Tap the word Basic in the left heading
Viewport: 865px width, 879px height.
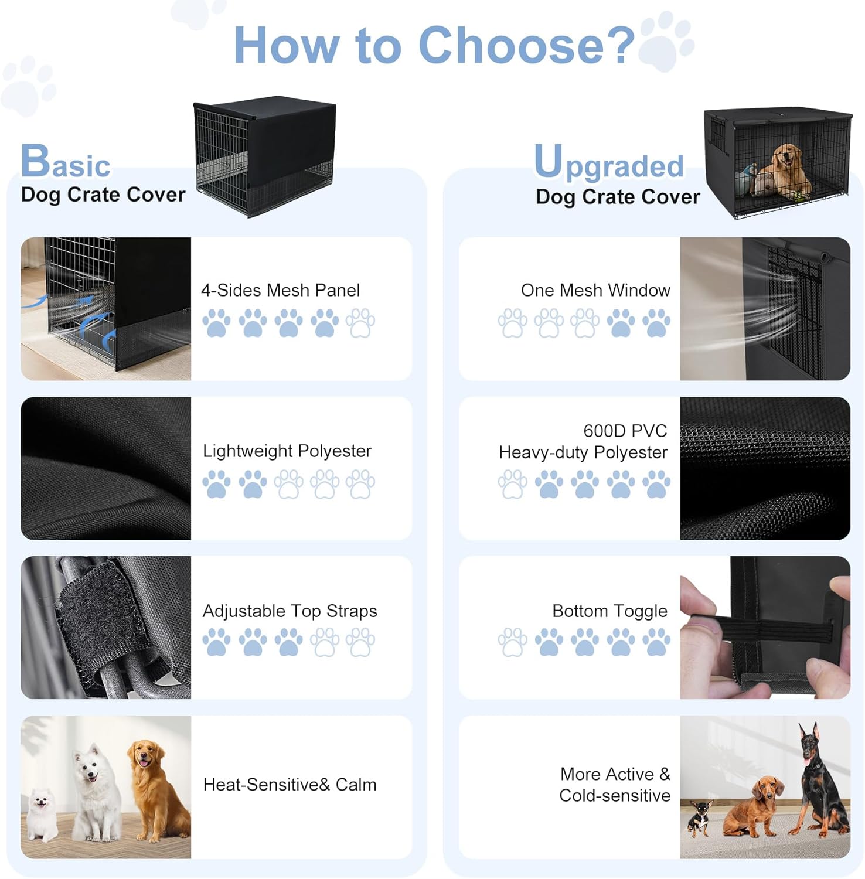click(x=66, y=161)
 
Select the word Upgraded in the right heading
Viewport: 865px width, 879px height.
click(x=609, y=163)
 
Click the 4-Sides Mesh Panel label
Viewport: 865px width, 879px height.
click(x=280, y=290)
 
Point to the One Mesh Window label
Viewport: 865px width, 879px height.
click(x=595, y=290)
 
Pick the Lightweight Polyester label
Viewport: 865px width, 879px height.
click(x=287, y=451)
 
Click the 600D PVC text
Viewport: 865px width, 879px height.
click(x=625, y=431)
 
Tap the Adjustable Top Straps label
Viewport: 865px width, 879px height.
click(x=290, y=611)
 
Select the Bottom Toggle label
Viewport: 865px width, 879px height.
click(x=610, y=611)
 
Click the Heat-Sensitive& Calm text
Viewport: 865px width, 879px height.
click(x=290, y=785)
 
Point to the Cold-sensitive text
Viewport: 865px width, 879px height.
click(x=615, y=795)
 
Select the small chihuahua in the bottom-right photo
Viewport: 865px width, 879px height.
click(x=700, y=817)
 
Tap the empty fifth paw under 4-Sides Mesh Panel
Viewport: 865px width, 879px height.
click(x=360, y=323)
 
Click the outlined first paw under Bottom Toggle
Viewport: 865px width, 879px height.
click(x=512, y=642)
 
